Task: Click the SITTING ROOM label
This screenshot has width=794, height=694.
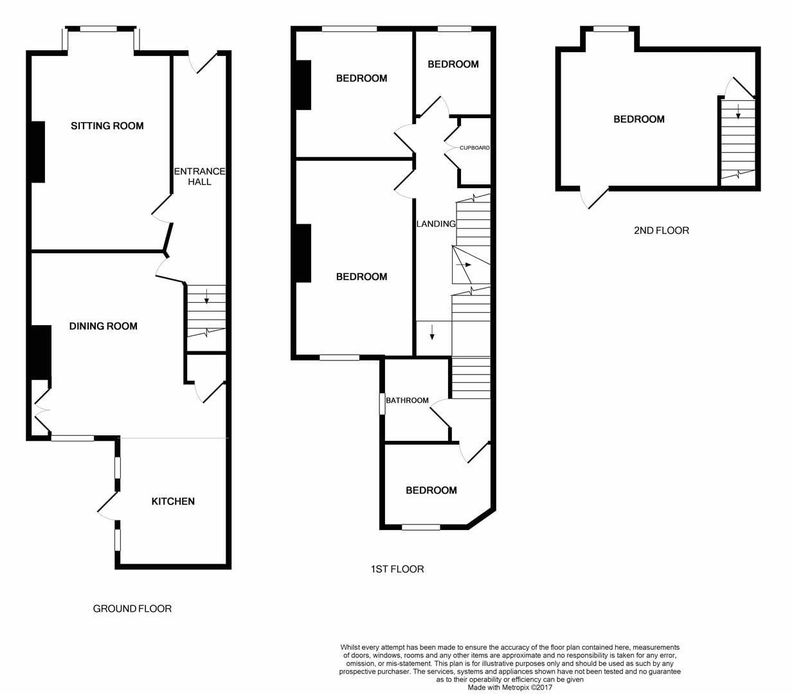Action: click(107, 126)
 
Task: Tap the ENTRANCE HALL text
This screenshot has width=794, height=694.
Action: click(199, 177)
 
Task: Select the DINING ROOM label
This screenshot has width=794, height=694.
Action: click(104, 326)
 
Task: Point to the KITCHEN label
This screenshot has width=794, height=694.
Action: click(173, 501)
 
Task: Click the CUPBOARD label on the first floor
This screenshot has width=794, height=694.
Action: click(474, 148)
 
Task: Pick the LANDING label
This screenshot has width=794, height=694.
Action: click(436, 224)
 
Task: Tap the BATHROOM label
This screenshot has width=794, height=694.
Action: click(407, 400)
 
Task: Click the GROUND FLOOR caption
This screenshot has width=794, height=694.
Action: click(132, 609)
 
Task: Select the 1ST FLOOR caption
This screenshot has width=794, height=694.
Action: click(397, 569)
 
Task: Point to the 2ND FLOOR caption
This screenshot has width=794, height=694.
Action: click(662, 231)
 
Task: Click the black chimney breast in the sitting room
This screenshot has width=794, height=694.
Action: click(38, 152)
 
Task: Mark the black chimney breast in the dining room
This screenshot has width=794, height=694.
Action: click(41, 352)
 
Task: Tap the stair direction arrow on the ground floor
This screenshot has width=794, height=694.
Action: click(206, 296)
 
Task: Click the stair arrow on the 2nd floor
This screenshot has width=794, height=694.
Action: click(738, 111)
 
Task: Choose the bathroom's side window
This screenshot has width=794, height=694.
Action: click(383, 404)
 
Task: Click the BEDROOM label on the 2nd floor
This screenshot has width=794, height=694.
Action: click(639, 119)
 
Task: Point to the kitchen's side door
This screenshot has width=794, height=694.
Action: click(107, 506)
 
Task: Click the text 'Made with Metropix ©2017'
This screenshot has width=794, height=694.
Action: click(510, 688)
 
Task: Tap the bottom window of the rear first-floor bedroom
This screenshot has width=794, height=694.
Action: click(420, 527)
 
